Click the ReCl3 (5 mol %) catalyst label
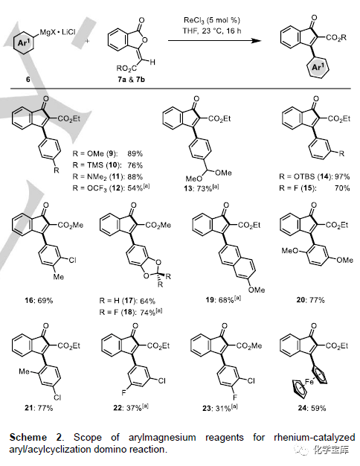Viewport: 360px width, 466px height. point(212,20)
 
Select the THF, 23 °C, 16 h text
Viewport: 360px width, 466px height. point(212,31)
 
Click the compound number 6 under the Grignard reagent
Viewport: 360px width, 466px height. point(28,80)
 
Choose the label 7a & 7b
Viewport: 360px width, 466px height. point(131,80)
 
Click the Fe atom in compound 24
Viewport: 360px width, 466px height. point(309,381)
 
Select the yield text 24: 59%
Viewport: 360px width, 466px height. point(312,408)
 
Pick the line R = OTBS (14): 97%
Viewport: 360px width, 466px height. point(315,176)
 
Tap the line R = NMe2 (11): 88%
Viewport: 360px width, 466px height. point(108,177)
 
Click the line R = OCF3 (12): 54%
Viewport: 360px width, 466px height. point(111,188)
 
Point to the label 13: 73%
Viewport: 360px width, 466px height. point(201,188)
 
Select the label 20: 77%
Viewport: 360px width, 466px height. point(310,300)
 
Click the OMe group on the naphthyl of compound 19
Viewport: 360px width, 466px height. point(257,290)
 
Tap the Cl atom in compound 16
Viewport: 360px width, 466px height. point(72,261)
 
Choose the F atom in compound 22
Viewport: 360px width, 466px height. point(124,392)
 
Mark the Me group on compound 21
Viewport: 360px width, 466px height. point(24,371)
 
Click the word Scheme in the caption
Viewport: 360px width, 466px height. point(28,437)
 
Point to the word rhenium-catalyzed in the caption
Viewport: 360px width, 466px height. point(315,438)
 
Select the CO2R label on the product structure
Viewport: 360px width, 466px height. point(335,38)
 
